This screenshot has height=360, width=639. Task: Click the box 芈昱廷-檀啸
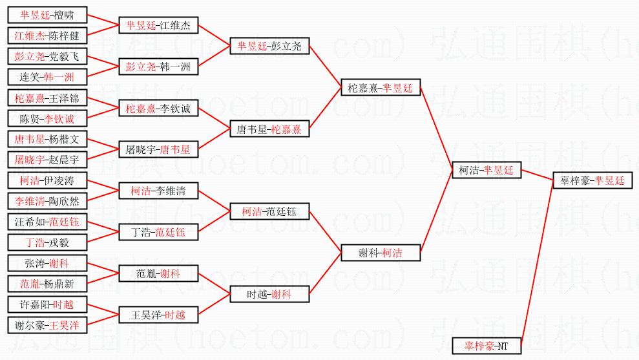point(47,16)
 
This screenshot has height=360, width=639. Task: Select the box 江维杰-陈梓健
point(47,36)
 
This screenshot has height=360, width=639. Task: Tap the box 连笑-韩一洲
point(47,78)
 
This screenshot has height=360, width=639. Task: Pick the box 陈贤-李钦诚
point(47,119)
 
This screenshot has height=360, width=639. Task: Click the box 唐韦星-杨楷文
point(47,139)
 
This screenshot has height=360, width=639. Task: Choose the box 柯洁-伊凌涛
point(47,180)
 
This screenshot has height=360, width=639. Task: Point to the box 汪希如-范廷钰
point(47,222)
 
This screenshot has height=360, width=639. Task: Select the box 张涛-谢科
point(47,263)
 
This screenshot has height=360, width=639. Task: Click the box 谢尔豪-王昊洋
point(47,325)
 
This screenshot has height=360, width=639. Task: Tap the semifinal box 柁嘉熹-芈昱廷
point(380,88)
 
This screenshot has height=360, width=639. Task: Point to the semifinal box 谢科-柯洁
point(380,253)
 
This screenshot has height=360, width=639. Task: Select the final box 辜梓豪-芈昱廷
point(592,181)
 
